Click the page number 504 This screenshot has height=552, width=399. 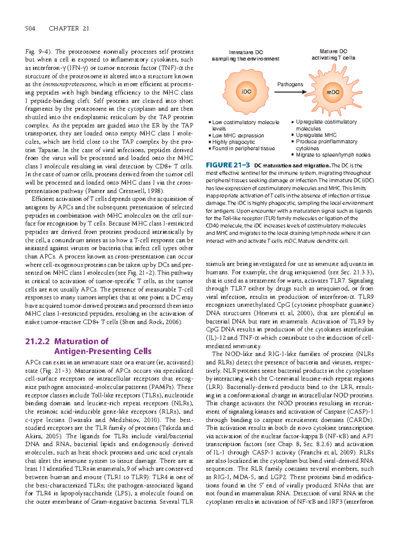(x=30, y=29)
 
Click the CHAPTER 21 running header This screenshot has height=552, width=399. (x=69, y=29)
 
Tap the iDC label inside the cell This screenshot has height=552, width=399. (x=246, y=92)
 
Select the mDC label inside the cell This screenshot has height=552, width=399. (x=332, y=92)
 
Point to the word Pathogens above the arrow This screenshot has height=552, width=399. (x=290, y=84)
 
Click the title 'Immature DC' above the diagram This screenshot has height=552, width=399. (x=246, y=52)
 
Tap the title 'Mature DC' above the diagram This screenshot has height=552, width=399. (x=333, y=52)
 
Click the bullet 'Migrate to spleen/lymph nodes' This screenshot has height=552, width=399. (x=333, y=155)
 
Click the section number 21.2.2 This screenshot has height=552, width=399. (x=37, y=341)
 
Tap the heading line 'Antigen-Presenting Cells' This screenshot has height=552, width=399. (x=103, y=351)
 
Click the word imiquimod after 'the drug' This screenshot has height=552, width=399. (x=305, y=272)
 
